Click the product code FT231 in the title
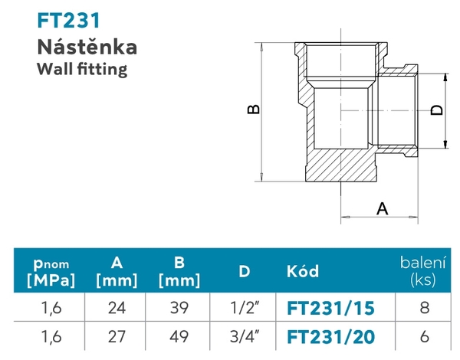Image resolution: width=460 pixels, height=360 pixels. coord(68,21)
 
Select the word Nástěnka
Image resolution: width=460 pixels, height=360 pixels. coord(87,47)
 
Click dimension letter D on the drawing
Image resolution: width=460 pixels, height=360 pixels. coord(436,110)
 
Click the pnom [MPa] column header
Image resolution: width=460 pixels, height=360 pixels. coord(50,271)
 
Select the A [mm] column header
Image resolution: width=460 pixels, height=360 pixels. coord(117,271)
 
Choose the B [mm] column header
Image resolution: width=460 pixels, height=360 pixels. coord(179,271)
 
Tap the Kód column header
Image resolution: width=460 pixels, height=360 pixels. coord(302,271)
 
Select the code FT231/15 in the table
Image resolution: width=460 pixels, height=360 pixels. coord(330,308)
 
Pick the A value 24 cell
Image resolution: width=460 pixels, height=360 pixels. coord(117,308)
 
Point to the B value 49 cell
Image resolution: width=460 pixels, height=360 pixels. coord(179,336)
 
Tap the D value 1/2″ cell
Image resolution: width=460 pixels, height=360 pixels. coord(244,308)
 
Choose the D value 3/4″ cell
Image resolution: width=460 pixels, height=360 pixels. coord(244,336)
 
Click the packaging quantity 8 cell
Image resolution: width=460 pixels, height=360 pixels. coord(423,308)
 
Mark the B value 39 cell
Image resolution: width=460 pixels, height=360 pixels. coord(179,308)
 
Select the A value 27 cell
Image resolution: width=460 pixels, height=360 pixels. coord(117,336)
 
